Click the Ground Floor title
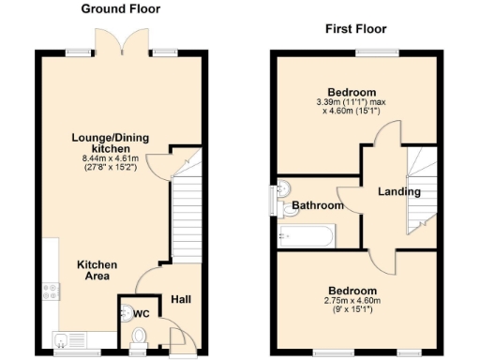tap(120, 9)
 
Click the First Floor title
tap(355, 29)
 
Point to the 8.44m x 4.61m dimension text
tap(110, 160)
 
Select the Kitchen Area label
tap(97, 272)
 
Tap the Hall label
tap(182, 300)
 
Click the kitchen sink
tap(62, 339)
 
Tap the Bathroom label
tap(314, 204)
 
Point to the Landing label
tap(398, 192)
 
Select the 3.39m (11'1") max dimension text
tap(355, 101)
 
